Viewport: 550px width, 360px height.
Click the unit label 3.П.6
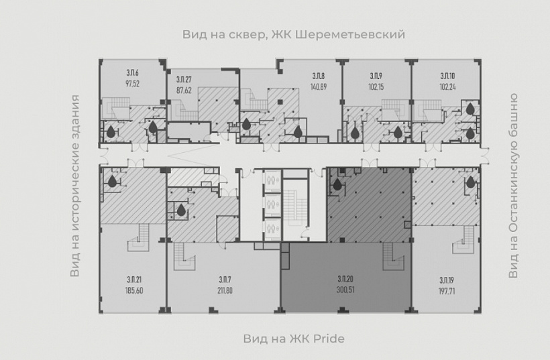[x=133, y=73]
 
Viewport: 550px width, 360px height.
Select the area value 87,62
[x=184, y=91]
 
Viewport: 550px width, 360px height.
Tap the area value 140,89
[x=319, y=86]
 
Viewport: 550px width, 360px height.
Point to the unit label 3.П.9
[x=376, y=76]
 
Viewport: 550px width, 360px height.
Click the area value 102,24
[x=447, y=86]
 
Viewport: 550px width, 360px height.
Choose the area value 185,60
[x=134, y=290]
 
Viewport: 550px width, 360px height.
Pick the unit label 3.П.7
[x=225, y=280]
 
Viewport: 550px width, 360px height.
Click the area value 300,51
[x=345, y=290]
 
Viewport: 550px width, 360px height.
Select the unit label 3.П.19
[x=447, y=280]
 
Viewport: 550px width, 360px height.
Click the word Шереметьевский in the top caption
[x=351, y=35]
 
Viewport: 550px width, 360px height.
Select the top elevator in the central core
[x=272, y=180]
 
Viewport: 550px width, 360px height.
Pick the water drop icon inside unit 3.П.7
[x=181, y=211]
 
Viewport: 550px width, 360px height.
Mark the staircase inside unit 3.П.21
[x=139, y=238]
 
